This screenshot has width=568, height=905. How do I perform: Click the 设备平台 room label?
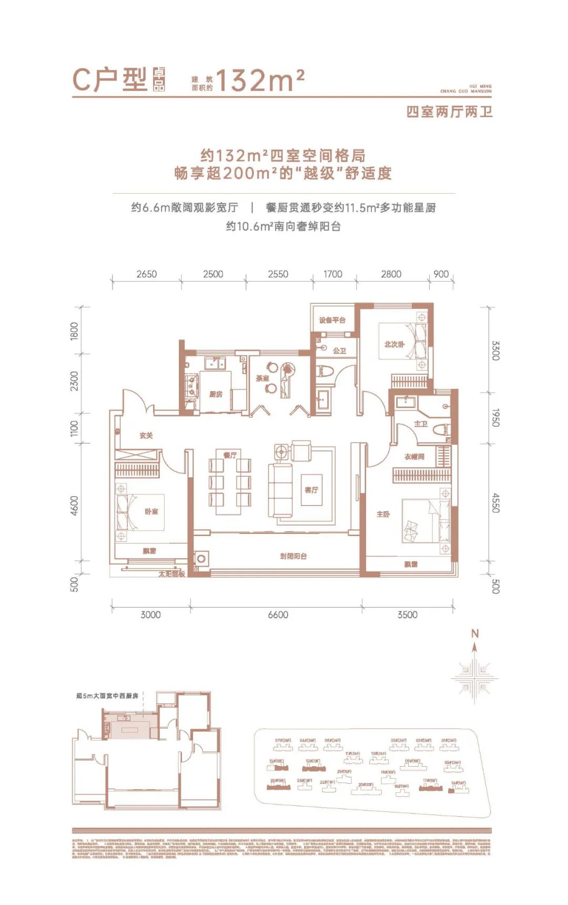click(332, 320)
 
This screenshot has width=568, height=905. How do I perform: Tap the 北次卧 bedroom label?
click(394, 344)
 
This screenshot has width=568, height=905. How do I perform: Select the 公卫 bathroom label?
click(339, 351)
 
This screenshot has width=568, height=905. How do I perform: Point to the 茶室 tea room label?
click(262, 378)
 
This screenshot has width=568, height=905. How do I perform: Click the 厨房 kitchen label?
click(216, 394)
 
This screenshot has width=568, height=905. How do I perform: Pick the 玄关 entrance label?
click(146, 436)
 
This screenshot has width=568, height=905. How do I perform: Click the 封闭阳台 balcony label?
click(293, 556)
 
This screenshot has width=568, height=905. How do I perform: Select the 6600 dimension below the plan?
click(278, 614)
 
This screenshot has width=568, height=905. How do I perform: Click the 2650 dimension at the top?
click(146, 274)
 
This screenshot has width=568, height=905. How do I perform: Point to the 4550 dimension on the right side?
click(495, 502)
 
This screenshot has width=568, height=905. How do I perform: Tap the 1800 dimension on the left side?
click(74, 331)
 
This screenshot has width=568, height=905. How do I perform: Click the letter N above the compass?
click(474, 633)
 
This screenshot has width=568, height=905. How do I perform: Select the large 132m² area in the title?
click(260, 80)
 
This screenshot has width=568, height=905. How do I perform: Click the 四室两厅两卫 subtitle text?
click(449, 112)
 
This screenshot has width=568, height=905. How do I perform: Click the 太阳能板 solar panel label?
click(172, 574)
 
